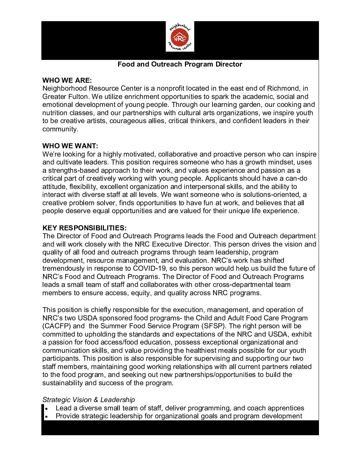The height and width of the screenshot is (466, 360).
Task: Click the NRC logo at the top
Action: pyautogui.click(x=180, y=36)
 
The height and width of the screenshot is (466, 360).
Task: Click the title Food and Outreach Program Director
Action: pyautogui.click(x=180, y=64)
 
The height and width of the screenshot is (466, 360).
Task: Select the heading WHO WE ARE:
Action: pyautogui.click(x=67, y=80)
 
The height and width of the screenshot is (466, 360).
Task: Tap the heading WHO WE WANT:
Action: pyautogui.click(x=70, y=146)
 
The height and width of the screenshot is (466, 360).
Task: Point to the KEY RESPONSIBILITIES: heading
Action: pyautogui.click(x=84, y=228)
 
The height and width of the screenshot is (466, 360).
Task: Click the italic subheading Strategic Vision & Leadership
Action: pyautogui.click(x=88, y=400)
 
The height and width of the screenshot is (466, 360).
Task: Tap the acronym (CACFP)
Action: pyautogui.click(x=57, y=326)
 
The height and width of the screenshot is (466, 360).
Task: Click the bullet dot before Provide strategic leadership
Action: pyautogui.click(x=47, y=417)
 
